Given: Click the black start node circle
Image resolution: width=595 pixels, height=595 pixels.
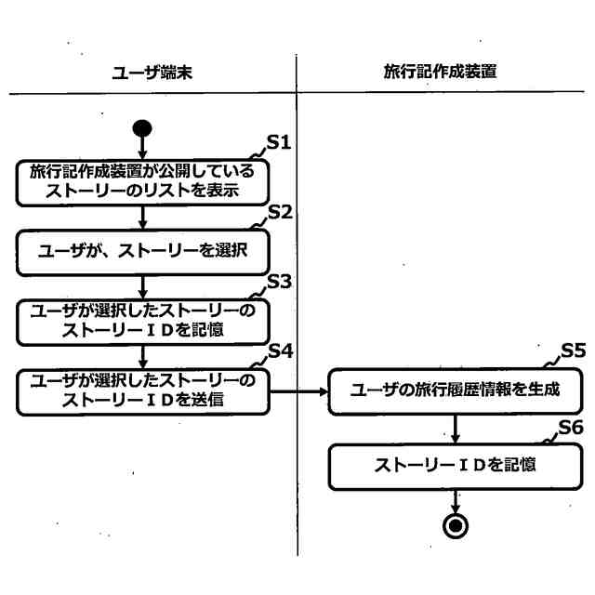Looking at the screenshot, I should pyautogui.click(x=142, y=127).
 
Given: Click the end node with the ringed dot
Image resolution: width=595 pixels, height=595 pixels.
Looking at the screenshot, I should pyautogui.click(x=456, y=525).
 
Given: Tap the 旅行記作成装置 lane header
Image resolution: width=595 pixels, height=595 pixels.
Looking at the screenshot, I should pyautogui.click(x=439, y=72).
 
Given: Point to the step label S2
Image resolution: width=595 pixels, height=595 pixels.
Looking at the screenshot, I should pyautogui.click(x=280, y=211).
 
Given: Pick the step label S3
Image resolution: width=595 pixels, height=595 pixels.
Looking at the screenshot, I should pyautogui.click(x=280, y=280).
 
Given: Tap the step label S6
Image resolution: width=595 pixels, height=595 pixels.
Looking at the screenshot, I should pyautogui.click(x=571, y=427).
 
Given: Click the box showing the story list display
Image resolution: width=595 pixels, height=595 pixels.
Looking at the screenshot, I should pyautogui.click(x=142, y=182).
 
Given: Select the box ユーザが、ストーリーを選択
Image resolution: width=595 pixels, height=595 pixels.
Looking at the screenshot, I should pyautogui.click(x=142, y=251).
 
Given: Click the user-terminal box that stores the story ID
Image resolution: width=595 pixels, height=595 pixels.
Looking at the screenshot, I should pyautogui.click(x=142, y=321).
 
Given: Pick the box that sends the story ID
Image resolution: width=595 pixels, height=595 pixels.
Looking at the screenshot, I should pyautogui.click(x=142, y=391).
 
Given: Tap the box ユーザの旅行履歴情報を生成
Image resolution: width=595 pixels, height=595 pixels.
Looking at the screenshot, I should pyautogui.click(x=456, y=390).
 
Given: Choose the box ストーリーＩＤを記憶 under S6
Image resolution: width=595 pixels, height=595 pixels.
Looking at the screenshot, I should pyautogui.click(x=456, y=467).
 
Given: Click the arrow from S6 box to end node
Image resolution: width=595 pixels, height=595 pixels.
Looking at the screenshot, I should pyautogui.click(x=456, y=501).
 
